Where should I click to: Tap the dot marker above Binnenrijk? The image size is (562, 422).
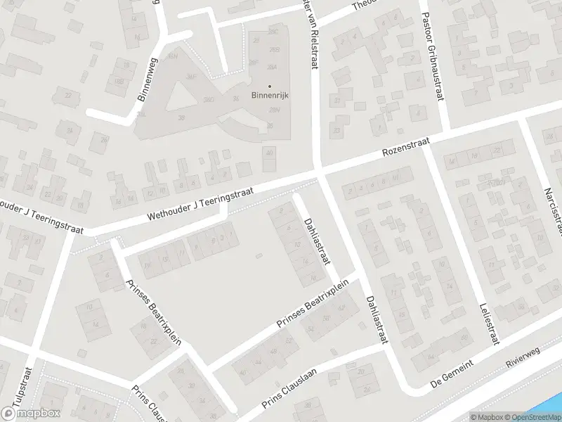[268, 86]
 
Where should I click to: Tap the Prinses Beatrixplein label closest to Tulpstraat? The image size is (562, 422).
[153, 313]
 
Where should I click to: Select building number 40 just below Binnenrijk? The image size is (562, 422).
[269, 153]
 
